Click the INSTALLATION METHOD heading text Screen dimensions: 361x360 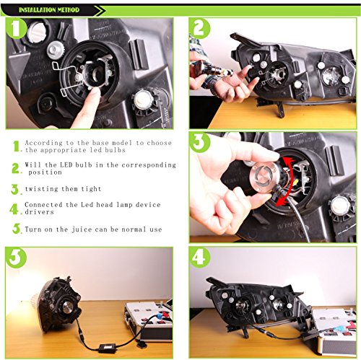(49, 10)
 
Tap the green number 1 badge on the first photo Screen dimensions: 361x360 (16, 28)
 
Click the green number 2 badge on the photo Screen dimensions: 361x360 (200, 28)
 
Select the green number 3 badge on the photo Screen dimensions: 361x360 (200, 142)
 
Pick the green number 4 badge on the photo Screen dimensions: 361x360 (200, 258)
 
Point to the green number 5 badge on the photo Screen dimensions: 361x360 (17, 258)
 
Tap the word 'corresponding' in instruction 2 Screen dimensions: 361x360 (149, 165)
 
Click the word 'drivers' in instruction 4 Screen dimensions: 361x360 (39, 212)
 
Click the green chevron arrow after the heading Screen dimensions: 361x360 (100, 10)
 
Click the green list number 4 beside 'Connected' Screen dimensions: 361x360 (14, 208)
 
